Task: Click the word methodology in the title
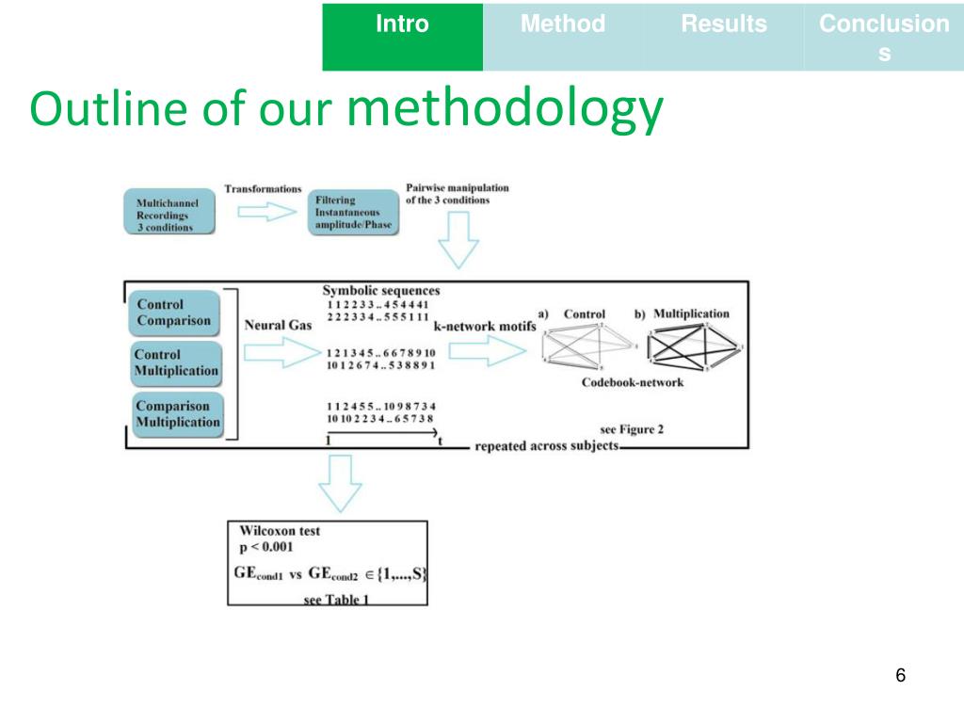point(505,111)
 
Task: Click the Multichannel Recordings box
point(169,214)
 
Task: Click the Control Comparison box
point(173,313)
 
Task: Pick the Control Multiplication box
point(175,363)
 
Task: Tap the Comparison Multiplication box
point(176,414)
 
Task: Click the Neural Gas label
point(279,325)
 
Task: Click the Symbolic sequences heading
point(380,291)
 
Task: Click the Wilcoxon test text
point(280,531)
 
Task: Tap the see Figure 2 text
point(632,429)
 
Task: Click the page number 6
point(901,675)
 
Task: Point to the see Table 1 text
point(336,600)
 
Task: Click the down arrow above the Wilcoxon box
point(339,482)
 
